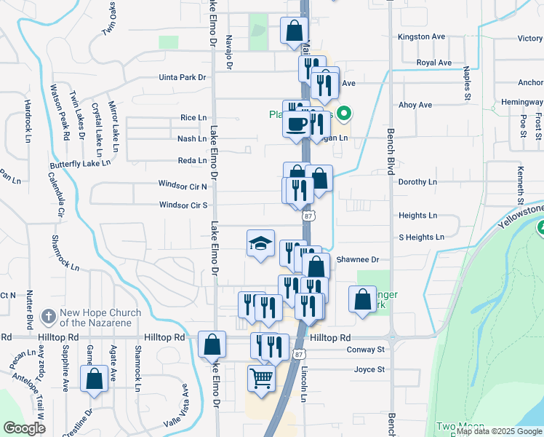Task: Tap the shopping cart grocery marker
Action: [x=261, y=378]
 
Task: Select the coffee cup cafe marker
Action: [x=297, y=125]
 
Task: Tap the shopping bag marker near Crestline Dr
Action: [x=94, y=379]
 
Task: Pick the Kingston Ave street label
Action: [x=421, y=36]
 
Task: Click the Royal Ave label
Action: [x=434, y=63]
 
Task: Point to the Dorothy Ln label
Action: [x=417, y=182]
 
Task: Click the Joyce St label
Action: [x=369, y=370]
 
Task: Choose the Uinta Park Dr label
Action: [x=183, y=77]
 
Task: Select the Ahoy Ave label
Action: [x=415, y=105]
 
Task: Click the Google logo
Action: [x=24, y=428]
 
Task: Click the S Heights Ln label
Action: [x=421, y=237]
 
